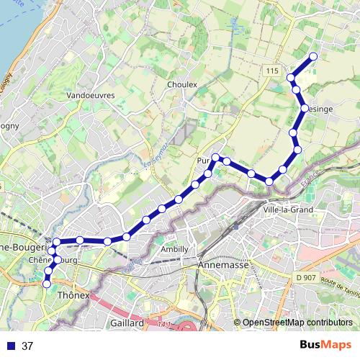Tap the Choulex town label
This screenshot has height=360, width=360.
[x=181, y=84]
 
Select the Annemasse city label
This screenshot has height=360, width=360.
[x=222, y=266]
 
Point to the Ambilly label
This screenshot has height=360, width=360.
[x=174, y=249]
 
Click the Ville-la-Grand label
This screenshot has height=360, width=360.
[x=287, y=209]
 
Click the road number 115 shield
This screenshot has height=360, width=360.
[x=271, y=71]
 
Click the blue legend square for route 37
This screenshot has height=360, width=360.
[x=10, y=346]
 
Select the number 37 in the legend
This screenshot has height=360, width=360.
[x=28, y=346]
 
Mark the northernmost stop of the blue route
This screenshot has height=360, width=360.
[x=313, y=57]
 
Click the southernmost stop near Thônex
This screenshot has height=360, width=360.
[x=48, y=284]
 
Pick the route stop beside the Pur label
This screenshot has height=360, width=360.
[x=215, y=157]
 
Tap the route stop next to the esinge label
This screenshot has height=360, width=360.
[x=305, y=108]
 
